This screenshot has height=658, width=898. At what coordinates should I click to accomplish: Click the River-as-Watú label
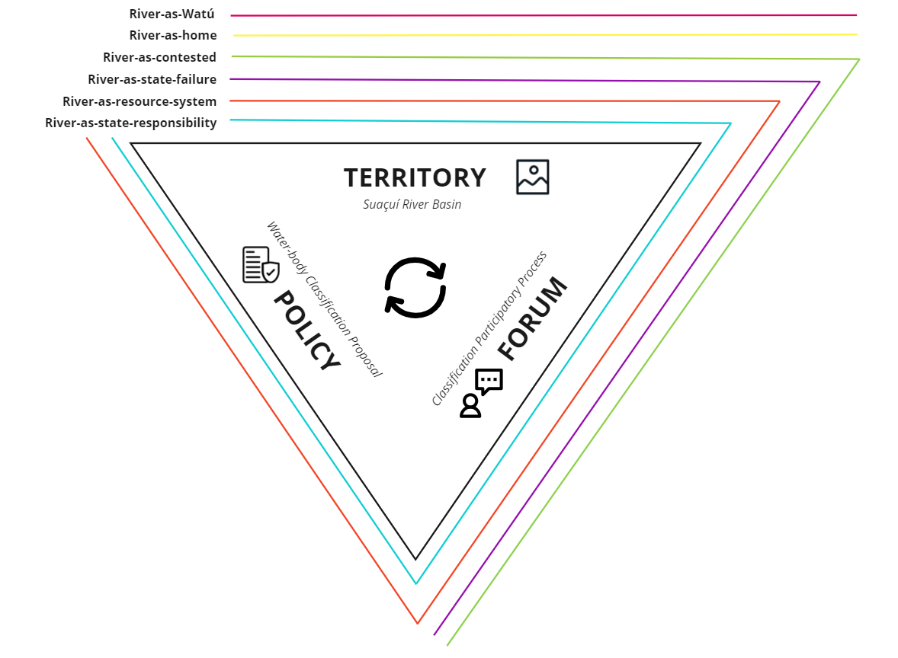tap(172, 14)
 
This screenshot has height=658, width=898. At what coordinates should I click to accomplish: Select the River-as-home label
tap(173, 35)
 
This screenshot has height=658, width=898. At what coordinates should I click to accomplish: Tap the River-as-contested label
tap(159, 57)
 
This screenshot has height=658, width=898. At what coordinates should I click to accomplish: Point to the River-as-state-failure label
tap(152, 79)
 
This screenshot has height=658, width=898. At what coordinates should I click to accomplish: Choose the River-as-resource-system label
tap(140, 101)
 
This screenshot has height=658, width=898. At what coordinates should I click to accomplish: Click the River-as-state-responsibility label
tap(130, 123)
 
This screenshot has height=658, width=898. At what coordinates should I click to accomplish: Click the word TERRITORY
tap(415, 177)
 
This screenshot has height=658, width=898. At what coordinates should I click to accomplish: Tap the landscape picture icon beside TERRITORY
tap(532, 177)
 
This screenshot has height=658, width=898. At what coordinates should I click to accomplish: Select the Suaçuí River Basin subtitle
tap(412, 204)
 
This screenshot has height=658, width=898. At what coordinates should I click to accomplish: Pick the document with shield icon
tap(260, 265)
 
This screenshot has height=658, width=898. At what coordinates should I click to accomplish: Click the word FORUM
tap(533, 318)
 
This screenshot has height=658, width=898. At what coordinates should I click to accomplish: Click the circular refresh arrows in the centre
tap(415, 287)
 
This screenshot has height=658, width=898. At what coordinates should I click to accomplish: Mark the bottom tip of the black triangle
tap(415, 559)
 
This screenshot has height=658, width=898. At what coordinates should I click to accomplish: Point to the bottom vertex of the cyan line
tap(416, 583)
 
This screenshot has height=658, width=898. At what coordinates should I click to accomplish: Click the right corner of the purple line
tap(819, 81)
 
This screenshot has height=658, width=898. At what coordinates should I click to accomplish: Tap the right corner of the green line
tap(858, 59)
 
